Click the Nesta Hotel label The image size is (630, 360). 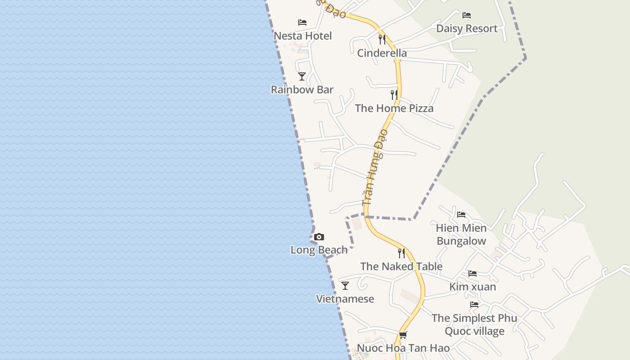click(x=302, y=36)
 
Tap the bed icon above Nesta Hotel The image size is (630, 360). click(x=302, y=22)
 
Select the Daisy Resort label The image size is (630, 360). click(x=467, y=28)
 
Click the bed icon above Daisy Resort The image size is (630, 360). click(x=467, y=15)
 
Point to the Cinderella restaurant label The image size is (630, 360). click(x=382, y=53)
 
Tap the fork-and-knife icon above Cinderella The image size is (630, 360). click(x=382, y=40)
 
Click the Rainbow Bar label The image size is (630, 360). click(x=302, y=90)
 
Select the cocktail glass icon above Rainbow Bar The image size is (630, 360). click(x=302, y=76)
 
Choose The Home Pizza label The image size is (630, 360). click(x=394, y=108)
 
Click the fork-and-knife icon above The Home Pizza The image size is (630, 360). click(x=394, y=94)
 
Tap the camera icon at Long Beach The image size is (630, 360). click(x=319, y=237)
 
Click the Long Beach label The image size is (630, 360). click(x=319, y=250)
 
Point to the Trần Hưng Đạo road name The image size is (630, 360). click(x=375, y=167)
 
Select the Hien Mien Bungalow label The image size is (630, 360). click(x=461, y=234)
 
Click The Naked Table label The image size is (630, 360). click(x=401, y=266)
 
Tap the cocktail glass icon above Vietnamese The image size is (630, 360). click(x=345, y=286)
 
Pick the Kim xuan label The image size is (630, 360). click(x=472, y=287)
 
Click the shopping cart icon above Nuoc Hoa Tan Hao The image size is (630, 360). click(x=403, y=335)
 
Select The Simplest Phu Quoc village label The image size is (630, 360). click(x=474, y=325)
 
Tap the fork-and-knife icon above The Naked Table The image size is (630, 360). click(x=401, y=253)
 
